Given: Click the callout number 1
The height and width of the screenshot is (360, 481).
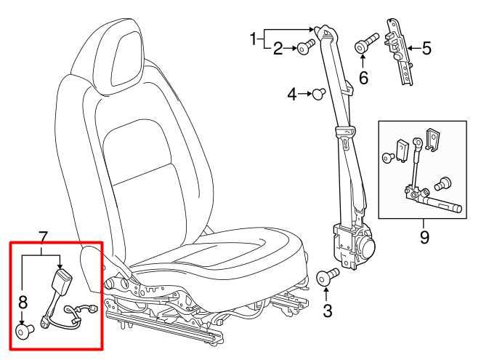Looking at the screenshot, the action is coord(253,39).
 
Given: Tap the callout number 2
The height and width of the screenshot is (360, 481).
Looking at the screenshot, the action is coord(278,48).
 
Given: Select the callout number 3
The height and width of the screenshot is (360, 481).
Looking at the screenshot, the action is coord(327,311).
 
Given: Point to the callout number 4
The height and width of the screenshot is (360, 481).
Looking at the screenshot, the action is coord(292,94).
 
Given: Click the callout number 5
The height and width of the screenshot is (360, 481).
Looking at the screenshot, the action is coord(427,48).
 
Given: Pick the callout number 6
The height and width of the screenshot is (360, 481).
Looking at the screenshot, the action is coord(363,77).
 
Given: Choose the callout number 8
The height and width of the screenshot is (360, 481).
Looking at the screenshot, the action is coord(23,303).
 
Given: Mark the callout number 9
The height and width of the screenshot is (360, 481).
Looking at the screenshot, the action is coord(424,237).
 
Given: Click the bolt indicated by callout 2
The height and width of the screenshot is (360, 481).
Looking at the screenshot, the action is coord(306,47).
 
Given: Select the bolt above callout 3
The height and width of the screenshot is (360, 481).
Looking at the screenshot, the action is coord(327,276).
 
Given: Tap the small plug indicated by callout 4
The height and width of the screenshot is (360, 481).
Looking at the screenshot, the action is coord(318,93).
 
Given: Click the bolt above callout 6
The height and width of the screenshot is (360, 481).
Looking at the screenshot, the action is coord(366,44).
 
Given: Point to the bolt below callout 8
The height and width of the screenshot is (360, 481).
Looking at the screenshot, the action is coord(25,331).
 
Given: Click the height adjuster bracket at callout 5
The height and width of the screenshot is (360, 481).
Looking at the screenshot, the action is coord(398,51).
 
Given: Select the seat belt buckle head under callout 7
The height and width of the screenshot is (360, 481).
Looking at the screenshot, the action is coord(62,281).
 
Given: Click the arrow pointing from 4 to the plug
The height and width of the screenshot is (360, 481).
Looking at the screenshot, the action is coord(305,94).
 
